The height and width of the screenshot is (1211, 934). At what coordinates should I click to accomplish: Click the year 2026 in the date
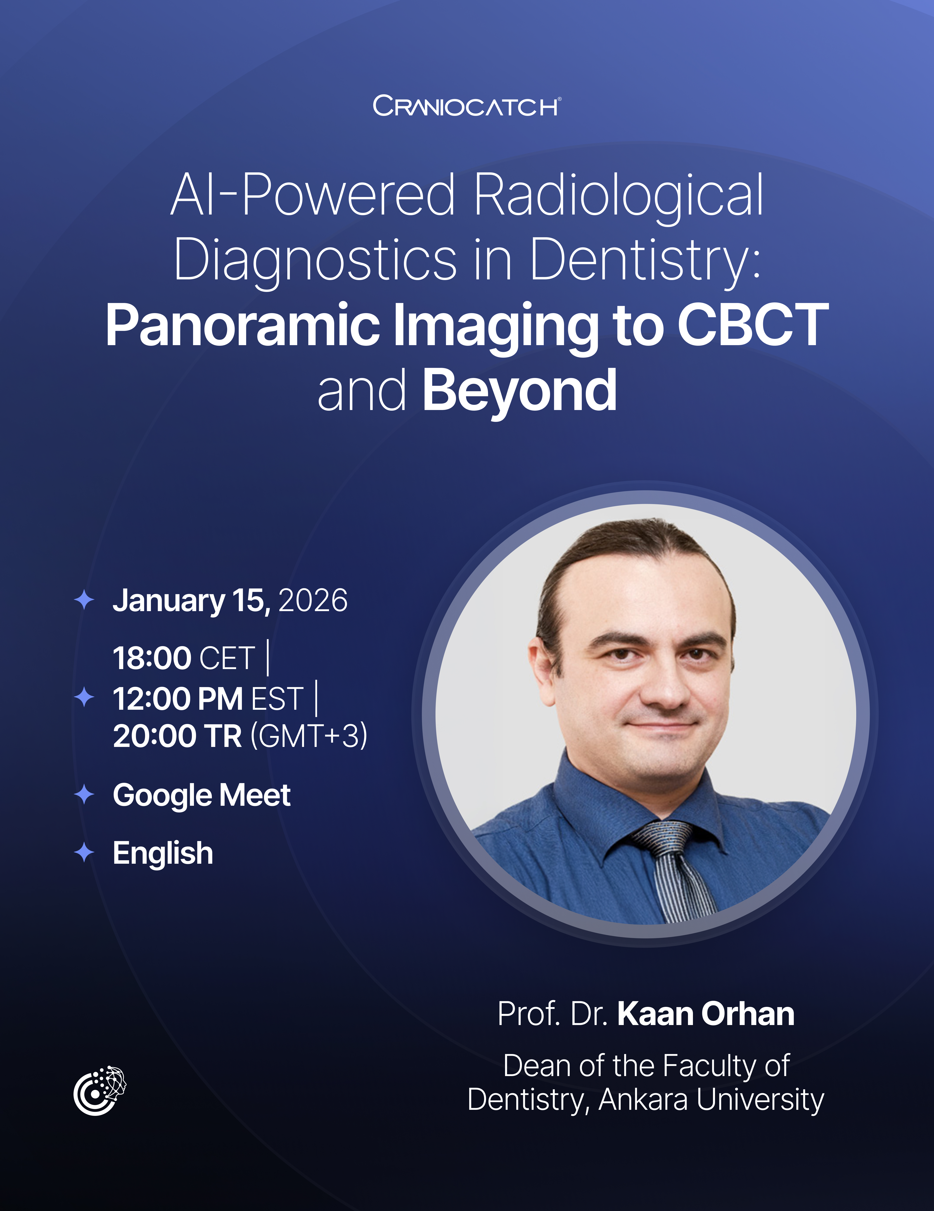pyautogui.click(x=313, y=601)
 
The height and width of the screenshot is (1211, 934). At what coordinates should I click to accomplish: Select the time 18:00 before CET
pyautogui.click(x=152, y=658)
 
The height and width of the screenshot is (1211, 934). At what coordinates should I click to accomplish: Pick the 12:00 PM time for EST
pyautogui.click(x=177, y=699)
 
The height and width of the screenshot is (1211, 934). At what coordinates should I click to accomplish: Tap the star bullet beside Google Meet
pyautogui.click(x=84, y=795)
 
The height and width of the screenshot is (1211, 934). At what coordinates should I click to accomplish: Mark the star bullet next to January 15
pyautogui.click(x=84, y=600)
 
